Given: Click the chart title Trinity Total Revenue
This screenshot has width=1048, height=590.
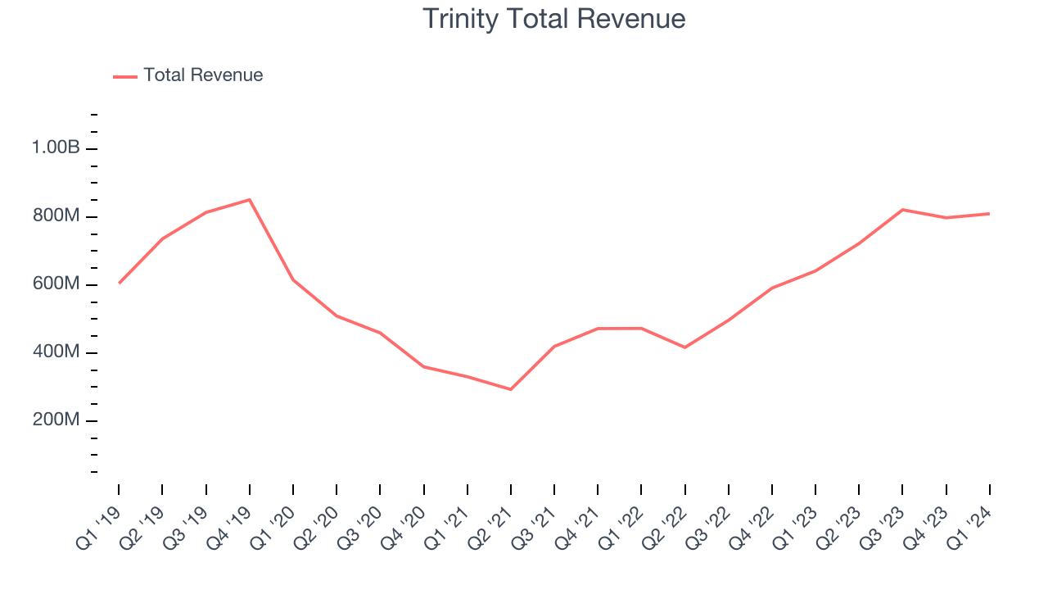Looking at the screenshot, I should pos(553,18).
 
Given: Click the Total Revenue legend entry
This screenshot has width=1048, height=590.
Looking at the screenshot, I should pos(202,75).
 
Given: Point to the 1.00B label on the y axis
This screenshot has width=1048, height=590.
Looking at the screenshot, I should pos(56,148).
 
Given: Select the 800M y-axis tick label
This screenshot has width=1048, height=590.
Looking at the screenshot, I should pos(56,216).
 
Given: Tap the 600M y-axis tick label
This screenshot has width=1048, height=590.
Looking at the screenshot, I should pos(56,284).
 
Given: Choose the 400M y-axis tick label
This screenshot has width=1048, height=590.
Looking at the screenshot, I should pos(56,352).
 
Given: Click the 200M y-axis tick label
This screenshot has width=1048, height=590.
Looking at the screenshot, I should pos(56,420).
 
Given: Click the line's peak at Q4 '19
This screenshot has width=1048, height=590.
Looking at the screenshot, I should pos(250,199).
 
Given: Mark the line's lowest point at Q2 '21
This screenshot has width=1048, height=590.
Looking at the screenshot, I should pos(511,389).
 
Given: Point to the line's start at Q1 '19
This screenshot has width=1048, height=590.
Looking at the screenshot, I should pos(120,283).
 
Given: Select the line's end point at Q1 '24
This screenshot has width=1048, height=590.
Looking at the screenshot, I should pos(989,214).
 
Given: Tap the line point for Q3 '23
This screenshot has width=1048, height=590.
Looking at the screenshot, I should pos(902,210).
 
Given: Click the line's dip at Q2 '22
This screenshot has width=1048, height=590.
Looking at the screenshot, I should pos(684,347).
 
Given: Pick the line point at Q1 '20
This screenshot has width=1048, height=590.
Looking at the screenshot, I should pos(293,280).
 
